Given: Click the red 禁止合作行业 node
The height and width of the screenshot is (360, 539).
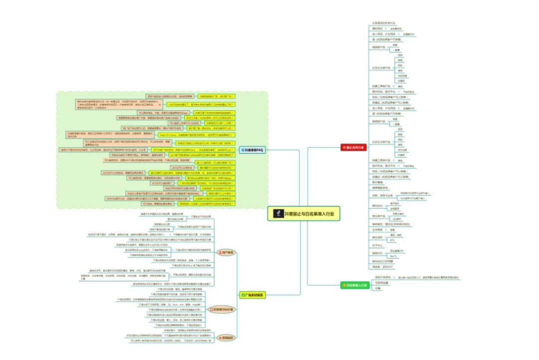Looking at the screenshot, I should pyautogui.click(x=354, y=147).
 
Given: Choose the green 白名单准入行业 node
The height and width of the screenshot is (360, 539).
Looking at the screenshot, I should pyautogui.click(x=354, y=285).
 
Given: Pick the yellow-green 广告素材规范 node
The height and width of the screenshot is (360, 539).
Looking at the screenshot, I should pyautogui.click(x=253, y=295).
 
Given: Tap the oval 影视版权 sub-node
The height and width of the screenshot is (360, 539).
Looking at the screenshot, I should pyautogui.click(x=226, y=338).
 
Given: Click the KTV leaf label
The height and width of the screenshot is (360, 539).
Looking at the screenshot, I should pyautogui.click(x=392, y=240).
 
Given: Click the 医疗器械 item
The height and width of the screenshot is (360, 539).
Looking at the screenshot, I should pyautogui.click(x=377, y=182).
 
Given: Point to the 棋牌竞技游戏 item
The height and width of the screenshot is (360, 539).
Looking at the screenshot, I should pyautogui.click(x=380, y=187).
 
